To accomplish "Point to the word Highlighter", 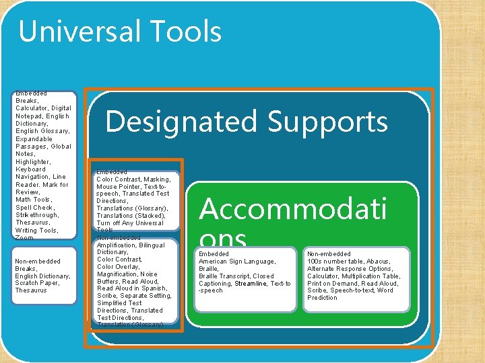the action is (x=33, y=161).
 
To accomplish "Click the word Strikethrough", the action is (x=37, y=215).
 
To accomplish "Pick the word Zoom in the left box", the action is (x=24, y=238).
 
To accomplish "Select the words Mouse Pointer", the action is (x=117, y=187).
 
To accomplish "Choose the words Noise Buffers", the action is (x=135, y=278).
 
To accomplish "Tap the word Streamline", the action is (x=251, y=284).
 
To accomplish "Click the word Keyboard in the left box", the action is (x=30, y=169).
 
